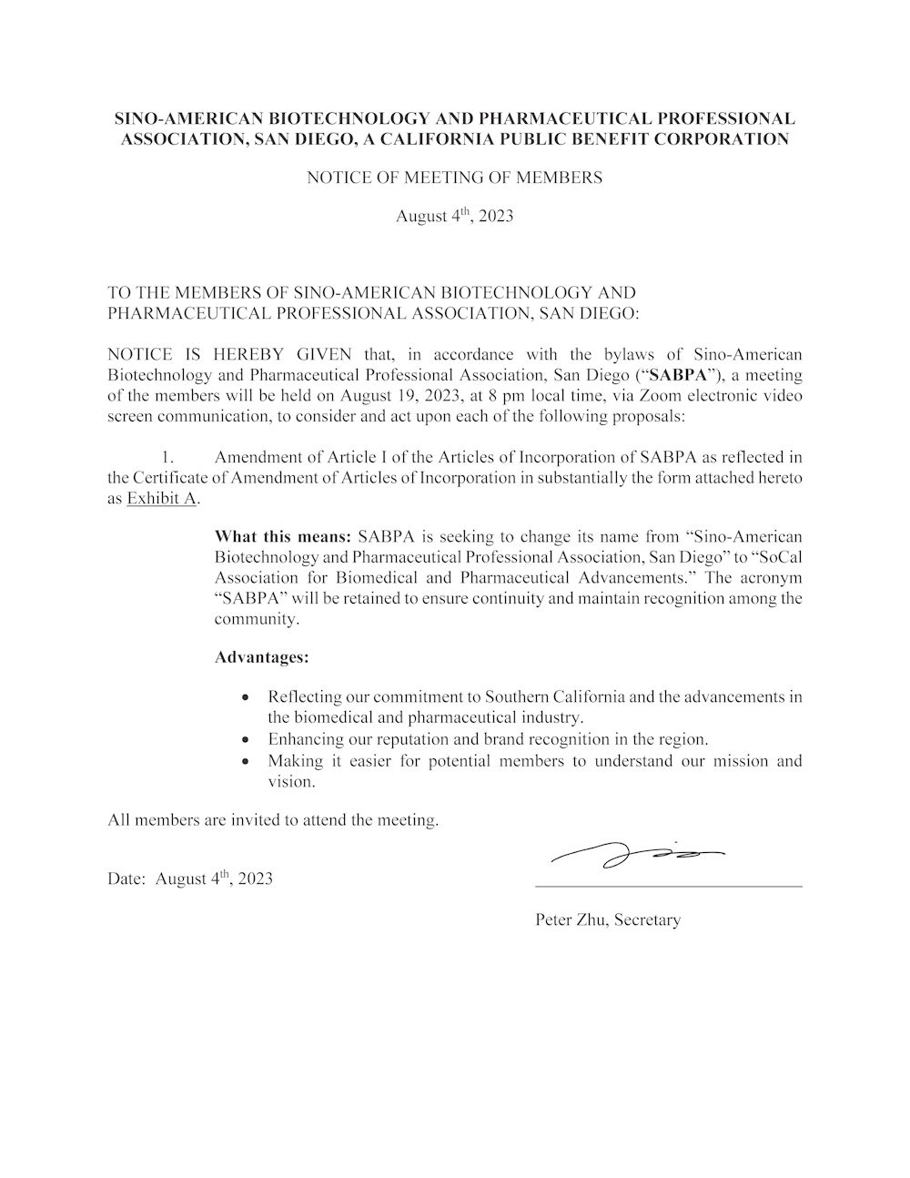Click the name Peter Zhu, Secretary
pos(608,919)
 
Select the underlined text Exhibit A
pos(162,499)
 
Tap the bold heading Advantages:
pos(261,656)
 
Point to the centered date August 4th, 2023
pos(454,217)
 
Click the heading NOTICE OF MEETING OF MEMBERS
pos(454,178)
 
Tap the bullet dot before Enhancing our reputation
pos(246,739)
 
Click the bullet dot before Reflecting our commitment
pos(246,697)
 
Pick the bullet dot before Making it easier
pos(246,760)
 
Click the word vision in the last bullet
pos(289,781)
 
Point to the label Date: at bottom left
pos(126,879)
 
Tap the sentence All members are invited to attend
pos(273,820)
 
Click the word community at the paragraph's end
pos(255,619)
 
